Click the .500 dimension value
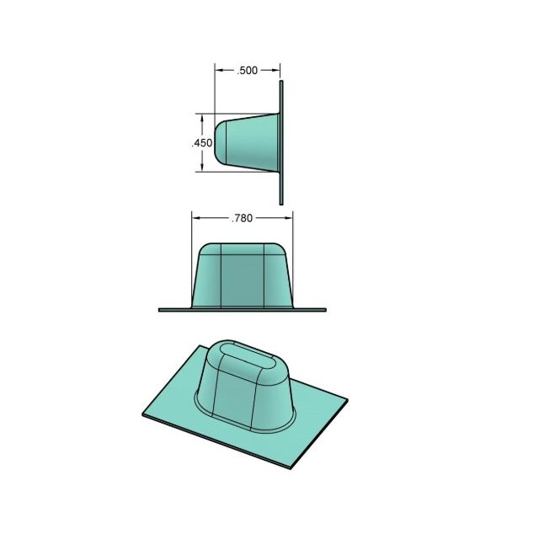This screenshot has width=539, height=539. (247, 71)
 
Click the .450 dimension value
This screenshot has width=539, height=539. (202, 143)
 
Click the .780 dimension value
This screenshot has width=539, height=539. (243, 218)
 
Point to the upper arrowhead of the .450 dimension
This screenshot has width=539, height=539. (202, 119)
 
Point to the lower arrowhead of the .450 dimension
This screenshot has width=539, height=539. (202, 167)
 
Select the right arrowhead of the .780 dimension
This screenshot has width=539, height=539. (288, 218)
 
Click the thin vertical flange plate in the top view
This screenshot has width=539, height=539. (281, 142)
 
